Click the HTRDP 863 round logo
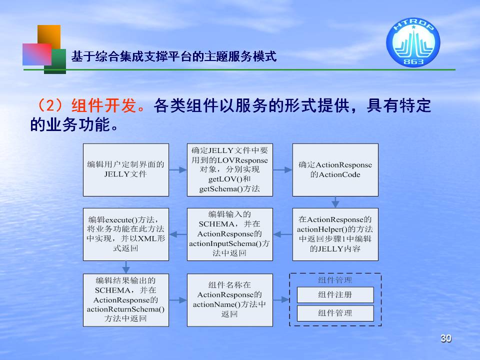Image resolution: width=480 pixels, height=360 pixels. (413, 42)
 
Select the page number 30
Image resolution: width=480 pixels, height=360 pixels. (445, 338)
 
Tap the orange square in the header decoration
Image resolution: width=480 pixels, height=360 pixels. (49, 36)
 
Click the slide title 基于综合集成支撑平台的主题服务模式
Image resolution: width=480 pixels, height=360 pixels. (174, 56)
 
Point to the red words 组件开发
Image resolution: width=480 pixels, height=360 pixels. (104, 105)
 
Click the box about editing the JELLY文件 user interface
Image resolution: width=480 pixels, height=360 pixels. (126, 170)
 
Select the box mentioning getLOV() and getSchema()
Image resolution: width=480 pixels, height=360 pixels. (230, 170)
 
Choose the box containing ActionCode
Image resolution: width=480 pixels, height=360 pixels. (335, 170)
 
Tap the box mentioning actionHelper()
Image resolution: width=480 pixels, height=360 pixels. (335, 234)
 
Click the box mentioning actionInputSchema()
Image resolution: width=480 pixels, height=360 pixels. (230, 234)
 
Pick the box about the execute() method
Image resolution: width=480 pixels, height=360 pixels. (126, 234)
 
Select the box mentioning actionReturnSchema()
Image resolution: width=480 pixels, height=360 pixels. (126, 300)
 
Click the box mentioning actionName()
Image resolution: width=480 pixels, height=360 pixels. (230, 300)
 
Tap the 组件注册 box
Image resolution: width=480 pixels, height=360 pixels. (335, 295)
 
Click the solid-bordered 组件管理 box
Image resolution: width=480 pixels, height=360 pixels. (335, 313)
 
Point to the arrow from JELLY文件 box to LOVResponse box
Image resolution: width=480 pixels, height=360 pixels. (178, 170)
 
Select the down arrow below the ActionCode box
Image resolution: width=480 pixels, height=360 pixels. (335, 202)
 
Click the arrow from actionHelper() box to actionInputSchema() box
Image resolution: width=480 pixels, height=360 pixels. (282, 234)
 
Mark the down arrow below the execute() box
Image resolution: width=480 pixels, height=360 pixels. (126, 267)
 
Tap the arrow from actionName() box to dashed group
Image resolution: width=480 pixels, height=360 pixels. (281, 299)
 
